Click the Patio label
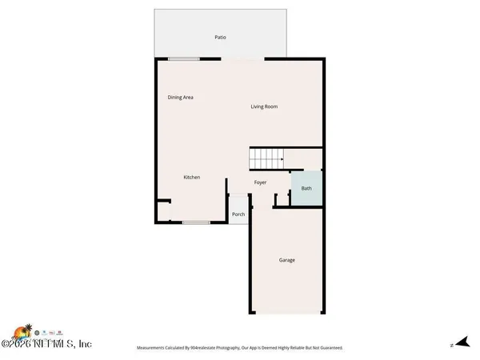219,38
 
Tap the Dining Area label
180,98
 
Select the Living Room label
264,106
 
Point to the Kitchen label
192,177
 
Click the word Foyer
261,182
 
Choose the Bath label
306,189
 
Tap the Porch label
238,214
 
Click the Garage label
287,260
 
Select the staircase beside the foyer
269,158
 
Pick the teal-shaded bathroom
306,190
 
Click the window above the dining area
183,58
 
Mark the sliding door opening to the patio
242,58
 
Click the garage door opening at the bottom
288,314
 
